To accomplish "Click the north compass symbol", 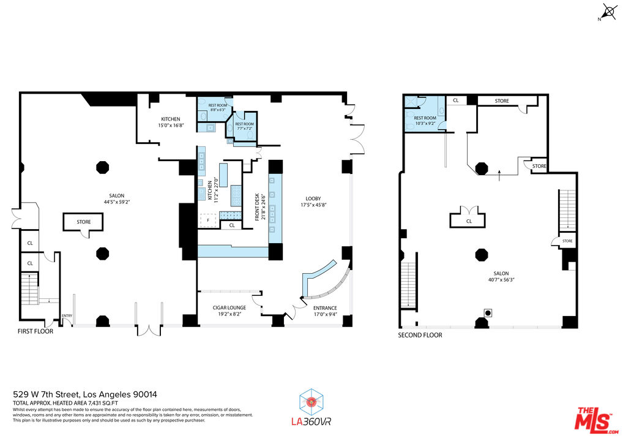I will click(x=610, y=12).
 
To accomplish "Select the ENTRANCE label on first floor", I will click(x=325, y=307).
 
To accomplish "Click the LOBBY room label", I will click(x=314, y=198).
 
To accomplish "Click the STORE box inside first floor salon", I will click(x=84, y=222).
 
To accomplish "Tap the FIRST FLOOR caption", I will click(x=35, y=331).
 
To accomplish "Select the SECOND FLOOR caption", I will click(x=420, y=335).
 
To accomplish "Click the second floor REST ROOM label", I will click(x=425, y=118).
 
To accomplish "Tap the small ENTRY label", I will click(x=67, y=316).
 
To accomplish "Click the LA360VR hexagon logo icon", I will click(x=311, y=402).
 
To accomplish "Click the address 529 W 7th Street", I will click(x=90, y=394).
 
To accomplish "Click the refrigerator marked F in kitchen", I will click(x=208, y=219).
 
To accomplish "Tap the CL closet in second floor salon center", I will click(x=469, y=221).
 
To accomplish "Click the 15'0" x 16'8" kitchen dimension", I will click(x=171, y=126).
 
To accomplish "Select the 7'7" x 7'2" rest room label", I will click(x=244, y=129).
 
